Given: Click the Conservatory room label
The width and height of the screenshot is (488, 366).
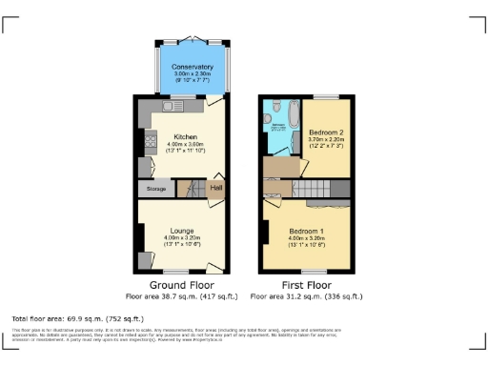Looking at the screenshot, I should click(x=193, y=67).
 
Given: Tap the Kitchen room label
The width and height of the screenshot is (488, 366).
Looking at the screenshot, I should click(x=184, y=135).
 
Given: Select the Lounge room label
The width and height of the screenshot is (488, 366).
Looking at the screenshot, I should click(x=183, y=230).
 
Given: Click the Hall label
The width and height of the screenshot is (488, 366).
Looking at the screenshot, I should click(x=215, y=188).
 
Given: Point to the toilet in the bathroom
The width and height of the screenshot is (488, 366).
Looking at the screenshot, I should click(x=274, y=107).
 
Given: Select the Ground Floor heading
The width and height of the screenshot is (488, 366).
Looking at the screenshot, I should click(x=182, y=285).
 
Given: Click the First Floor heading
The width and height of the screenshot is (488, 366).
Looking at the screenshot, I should click(x=306, y=285).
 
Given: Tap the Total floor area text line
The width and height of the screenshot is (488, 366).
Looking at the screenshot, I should click(x=77, y=317).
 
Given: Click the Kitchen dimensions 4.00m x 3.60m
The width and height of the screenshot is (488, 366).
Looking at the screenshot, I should click(x=184, y=143).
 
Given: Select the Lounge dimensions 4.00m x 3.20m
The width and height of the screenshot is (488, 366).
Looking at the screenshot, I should click(x=183, y=237).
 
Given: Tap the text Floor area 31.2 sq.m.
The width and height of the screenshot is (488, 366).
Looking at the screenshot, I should click(x=306, y=296).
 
